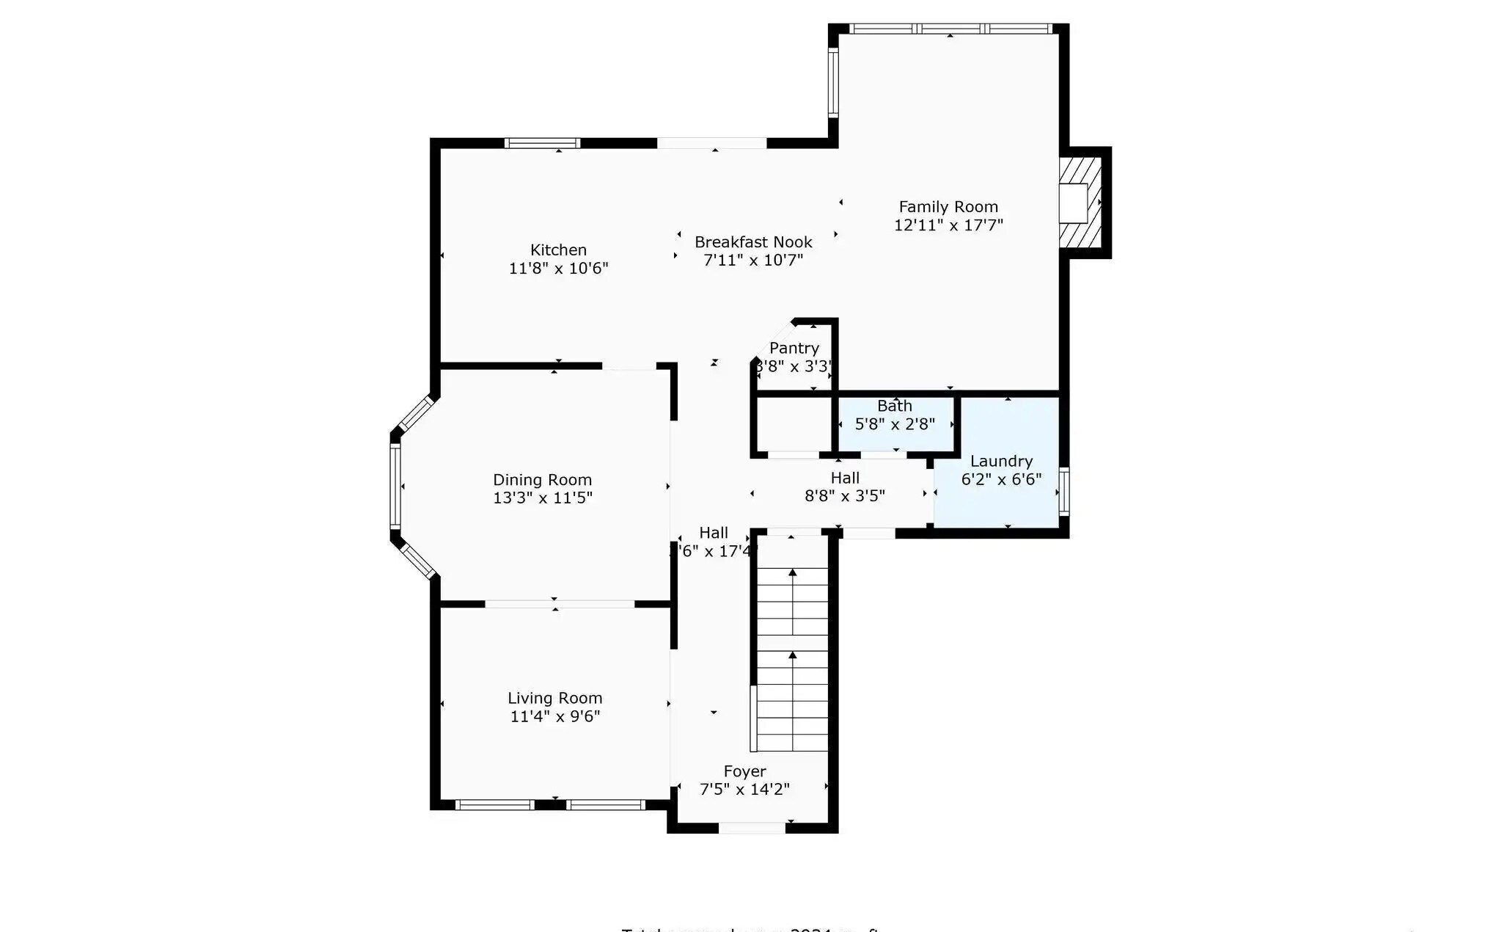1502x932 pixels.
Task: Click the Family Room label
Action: pyautogui.click(x=948, y=207)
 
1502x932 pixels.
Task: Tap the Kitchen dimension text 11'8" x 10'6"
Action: pyautogui.click(x=558, y=269)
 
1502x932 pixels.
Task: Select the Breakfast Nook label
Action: pyautogui.click(x=753, y=242)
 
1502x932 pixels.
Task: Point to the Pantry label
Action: pyautogui.click(x=794, y=348)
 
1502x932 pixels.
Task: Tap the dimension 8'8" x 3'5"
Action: pyautogui.click(x=845, y=496)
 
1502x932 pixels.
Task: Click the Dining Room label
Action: pyautogui.click(x=542, y=480)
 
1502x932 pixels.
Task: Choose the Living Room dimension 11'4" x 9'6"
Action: pyautogui.click(x=555, y=716)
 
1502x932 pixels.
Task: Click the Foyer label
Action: pyautogui.click(x=744, y=771)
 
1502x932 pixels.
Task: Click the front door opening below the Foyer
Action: pyautogui.click(x=752, y=828)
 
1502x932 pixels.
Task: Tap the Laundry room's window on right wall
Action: pyautogui.click(x=1063, y=492)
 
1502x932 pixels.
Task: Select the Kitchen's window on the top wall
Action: pyautogui.click(x=543, y=143)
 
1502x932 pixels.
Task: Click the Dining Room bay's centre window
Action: pyautogui.click(x=395, y=486)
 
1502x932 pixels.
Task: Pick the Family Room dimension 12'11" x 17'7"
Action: pyautogui.click(x=948, y=225)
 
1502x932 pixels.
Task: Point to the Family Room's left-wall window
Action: pyautogui.click(x=833, y=82)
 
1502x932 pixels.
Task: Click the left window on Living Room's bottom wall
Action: pyautogui.click(x=494, y=805)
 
